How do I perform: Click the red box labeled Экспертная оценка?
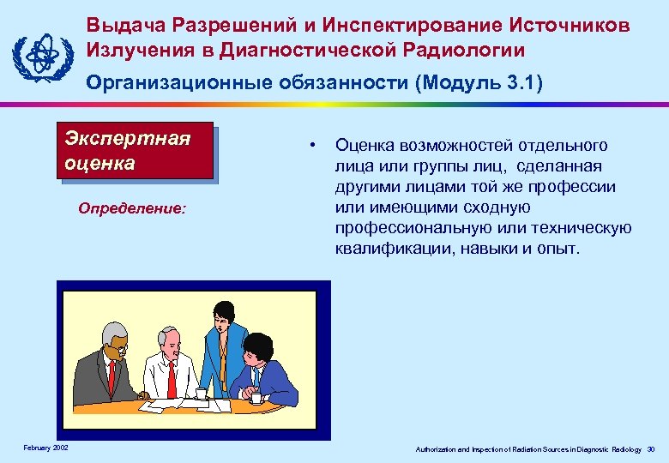[135, 152]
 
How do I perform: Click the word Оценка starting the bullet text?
[362, 145]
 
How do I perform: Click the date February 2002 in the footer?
[46, 448]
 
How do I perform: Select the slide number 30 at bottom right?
[651, 448]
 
